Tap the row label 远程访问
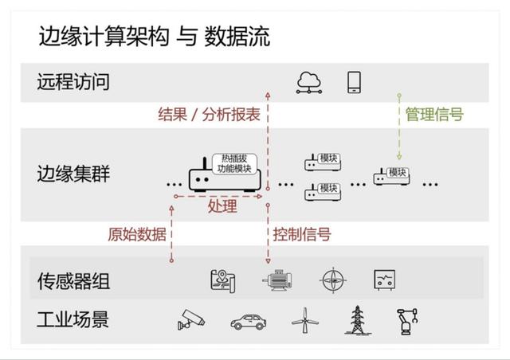click(x=73, y=82)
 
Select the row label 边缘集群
click(x=73, y=173)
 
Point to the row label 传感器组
click(x=73, y=281)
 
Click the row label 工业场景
click(x=73, y=321)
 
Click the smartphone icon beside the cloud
click(x=354, y=81)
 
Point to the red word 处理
click(x=222, y=207)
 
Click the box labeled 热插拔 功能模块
click(x=234, y=163)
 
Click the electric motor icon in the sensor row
click(x=278, y=280)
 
